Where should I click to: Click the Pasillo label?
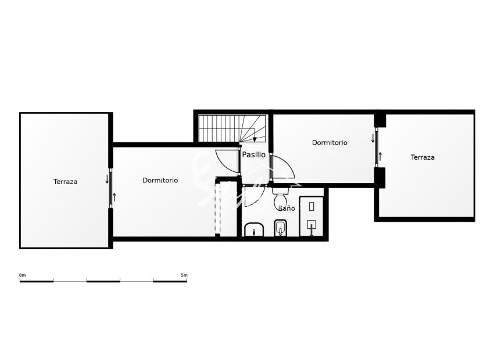(254, 155)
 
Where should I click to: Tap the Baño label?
(287, 208)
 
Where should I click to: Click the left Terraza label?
(65, 182)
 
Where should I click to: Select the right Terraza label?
(423, 157)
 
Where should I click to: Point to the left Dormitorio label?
(160, 181)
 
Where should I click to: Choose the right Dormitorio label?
(330, 142)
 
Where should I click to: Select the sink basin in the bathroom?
(254, 231)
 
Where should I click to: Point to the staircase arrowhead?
(255, 139)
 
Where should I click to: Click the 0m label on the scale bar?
(23, 275)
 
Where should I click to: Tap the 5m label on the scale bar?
(184, 275)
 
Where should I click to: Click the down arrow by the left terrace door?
(107, 178)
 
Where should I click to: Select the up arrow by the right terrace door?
(381, 156)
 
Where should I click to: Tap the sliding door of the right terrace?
(377, 148)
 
